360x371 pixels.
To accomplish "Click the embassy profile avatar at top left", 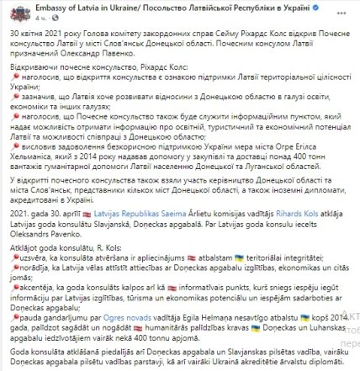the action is click(x=14, y=12).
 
